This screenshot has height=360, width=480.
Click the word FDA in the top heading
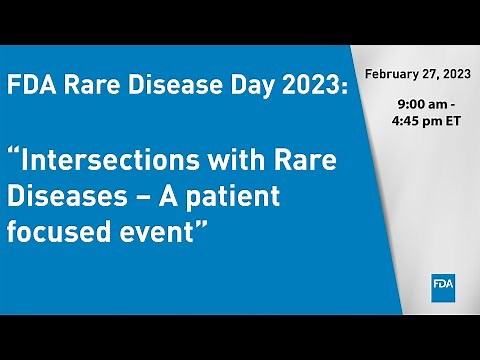30,86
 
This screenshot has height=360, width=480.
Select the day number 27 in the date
431,74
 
